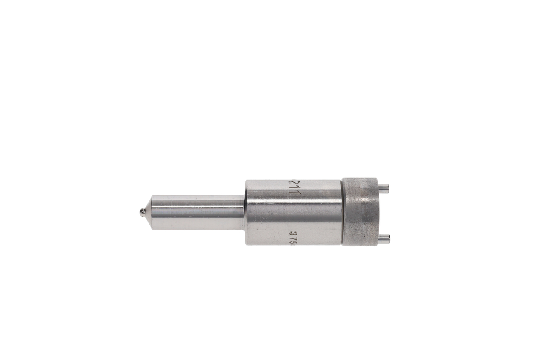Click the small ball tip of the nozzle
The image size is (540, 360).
[x=142, y=212]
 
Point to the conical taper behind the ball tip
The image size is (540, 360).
[x=148, y=212]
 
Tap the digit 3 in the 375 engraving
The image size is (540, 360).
[x=292, y=234]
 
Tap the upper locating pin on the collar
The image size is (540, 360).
[x=383, y=187]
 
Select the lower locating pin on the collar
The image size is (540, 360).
[x=383, y=238]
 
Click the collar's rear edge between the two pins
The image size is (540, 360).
[x=377, y=212]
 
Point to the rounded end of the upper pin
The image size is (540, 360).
[x=389, y=187]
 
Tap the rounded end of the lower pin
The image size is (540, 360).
[x=389, y=238]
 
